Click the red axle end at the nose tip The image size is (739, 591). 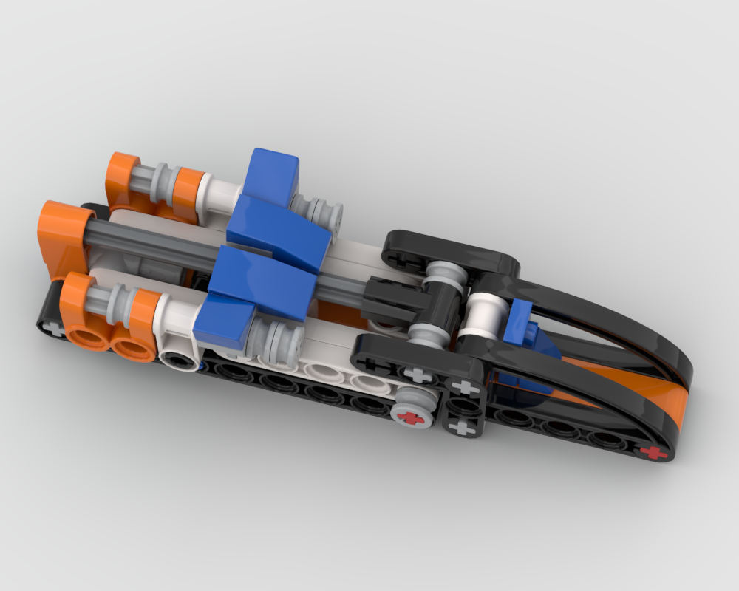(654, 452)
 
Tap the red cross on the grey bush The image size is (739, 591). (411, 418)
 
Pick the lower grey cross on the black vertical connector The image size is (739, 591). (463, 426)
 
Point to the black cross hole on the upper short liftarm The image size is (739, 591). (400, 259)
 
